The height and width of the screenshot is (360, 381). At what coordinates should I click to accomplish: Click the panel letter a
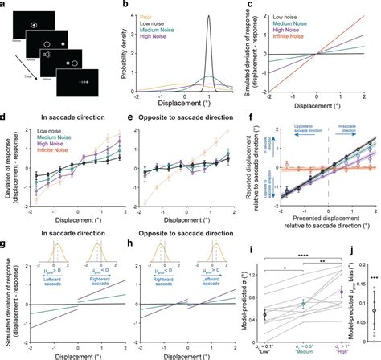click(4, 5)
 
